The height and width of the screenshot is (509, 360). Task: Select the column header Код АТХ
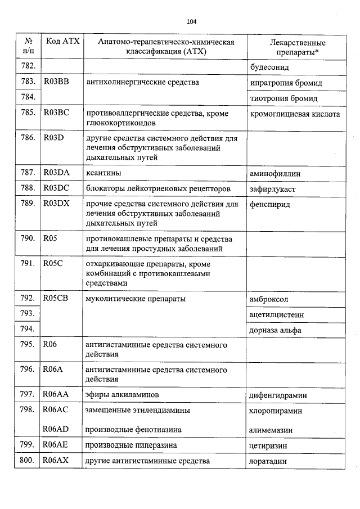click(61, 41)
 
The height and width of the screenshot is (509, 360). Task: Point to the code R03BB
click(56, 82)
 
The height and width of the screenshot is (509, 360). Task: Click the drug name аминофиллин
click(275, 174)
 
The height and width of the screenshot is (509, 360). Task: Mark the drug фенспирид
click(269, 204)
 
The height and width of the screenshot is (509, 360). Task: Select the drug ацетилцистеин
click(276, 314)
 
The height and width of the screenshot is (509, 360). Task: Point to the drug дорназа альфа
click(275, 330)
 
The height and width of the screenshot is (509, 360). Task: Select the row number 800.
click(28, 461)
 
